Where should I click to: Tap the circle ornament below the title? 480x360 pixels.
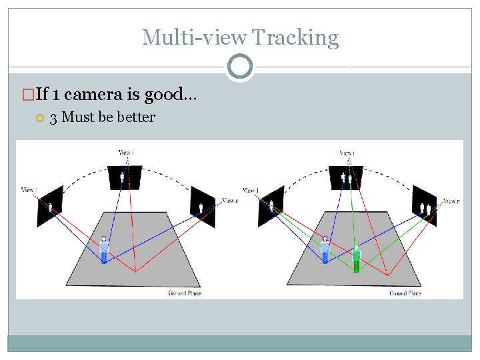tap(240, 67)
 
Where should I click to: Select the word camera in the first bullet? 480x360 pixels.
tap(104, 95)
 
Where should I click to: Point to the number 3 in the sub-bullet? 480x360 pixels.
tap(53, 117)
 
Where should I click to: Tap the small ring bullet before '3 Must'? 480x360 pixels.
tap(39, 118)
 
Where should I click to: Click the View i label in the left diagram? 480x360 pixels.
tap(126, 153)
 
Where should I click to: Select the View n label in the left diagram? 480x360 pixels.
tap(229, 200)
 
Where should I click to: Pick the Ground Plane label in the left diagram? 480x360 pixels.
tap(185, 293)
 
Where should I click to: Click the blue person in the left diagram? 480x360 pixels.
tap(104, 249)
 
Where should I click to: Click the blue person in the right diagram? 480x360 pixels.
tap(325, 249)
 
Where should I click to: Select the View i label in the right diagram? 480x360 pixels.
tap(347, 153)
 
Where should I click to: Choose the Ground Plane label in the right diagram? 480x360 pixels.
tap(405, 293)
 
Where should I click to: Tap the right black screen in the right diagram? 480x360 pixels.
tap(423, 207)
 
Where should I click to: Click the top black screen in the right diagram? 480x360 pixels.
tap(345, 177)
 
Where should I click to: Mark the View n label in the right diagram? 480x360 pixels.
tap(451, 201)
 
